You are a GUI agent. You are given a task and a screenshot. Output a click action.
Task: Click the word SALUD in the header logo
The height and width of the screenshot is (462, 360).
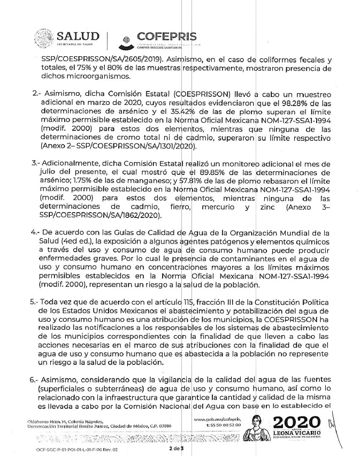(x=78, y=36)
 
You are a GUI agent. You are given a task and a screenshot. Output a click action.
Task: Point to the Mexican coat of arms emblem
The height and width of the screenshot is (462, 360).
(x=42, y=39)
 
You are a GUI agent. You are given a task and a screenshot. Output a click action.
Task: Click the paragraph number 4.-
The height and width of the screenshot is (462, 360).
(x=21, y=233)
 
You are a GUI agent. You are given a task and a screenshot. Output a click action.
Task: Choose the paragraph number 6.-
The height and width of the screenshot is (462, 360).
(x=21, y=380)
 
